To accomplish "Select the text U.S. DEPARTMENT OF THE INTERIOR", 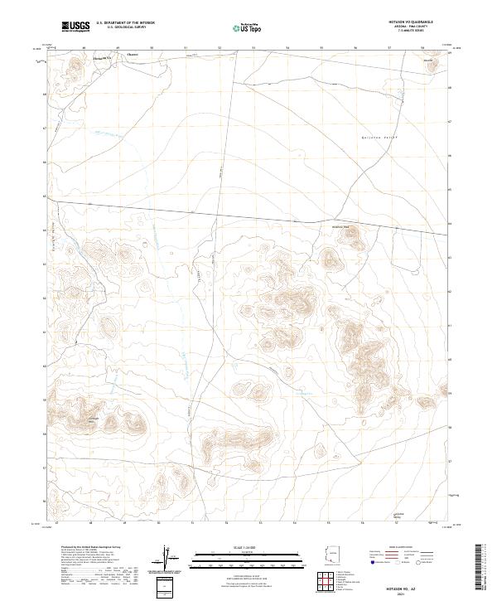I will [x=125, y=22].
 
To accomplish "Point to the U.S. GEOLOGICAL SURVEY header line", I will [x=125, y=27].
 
